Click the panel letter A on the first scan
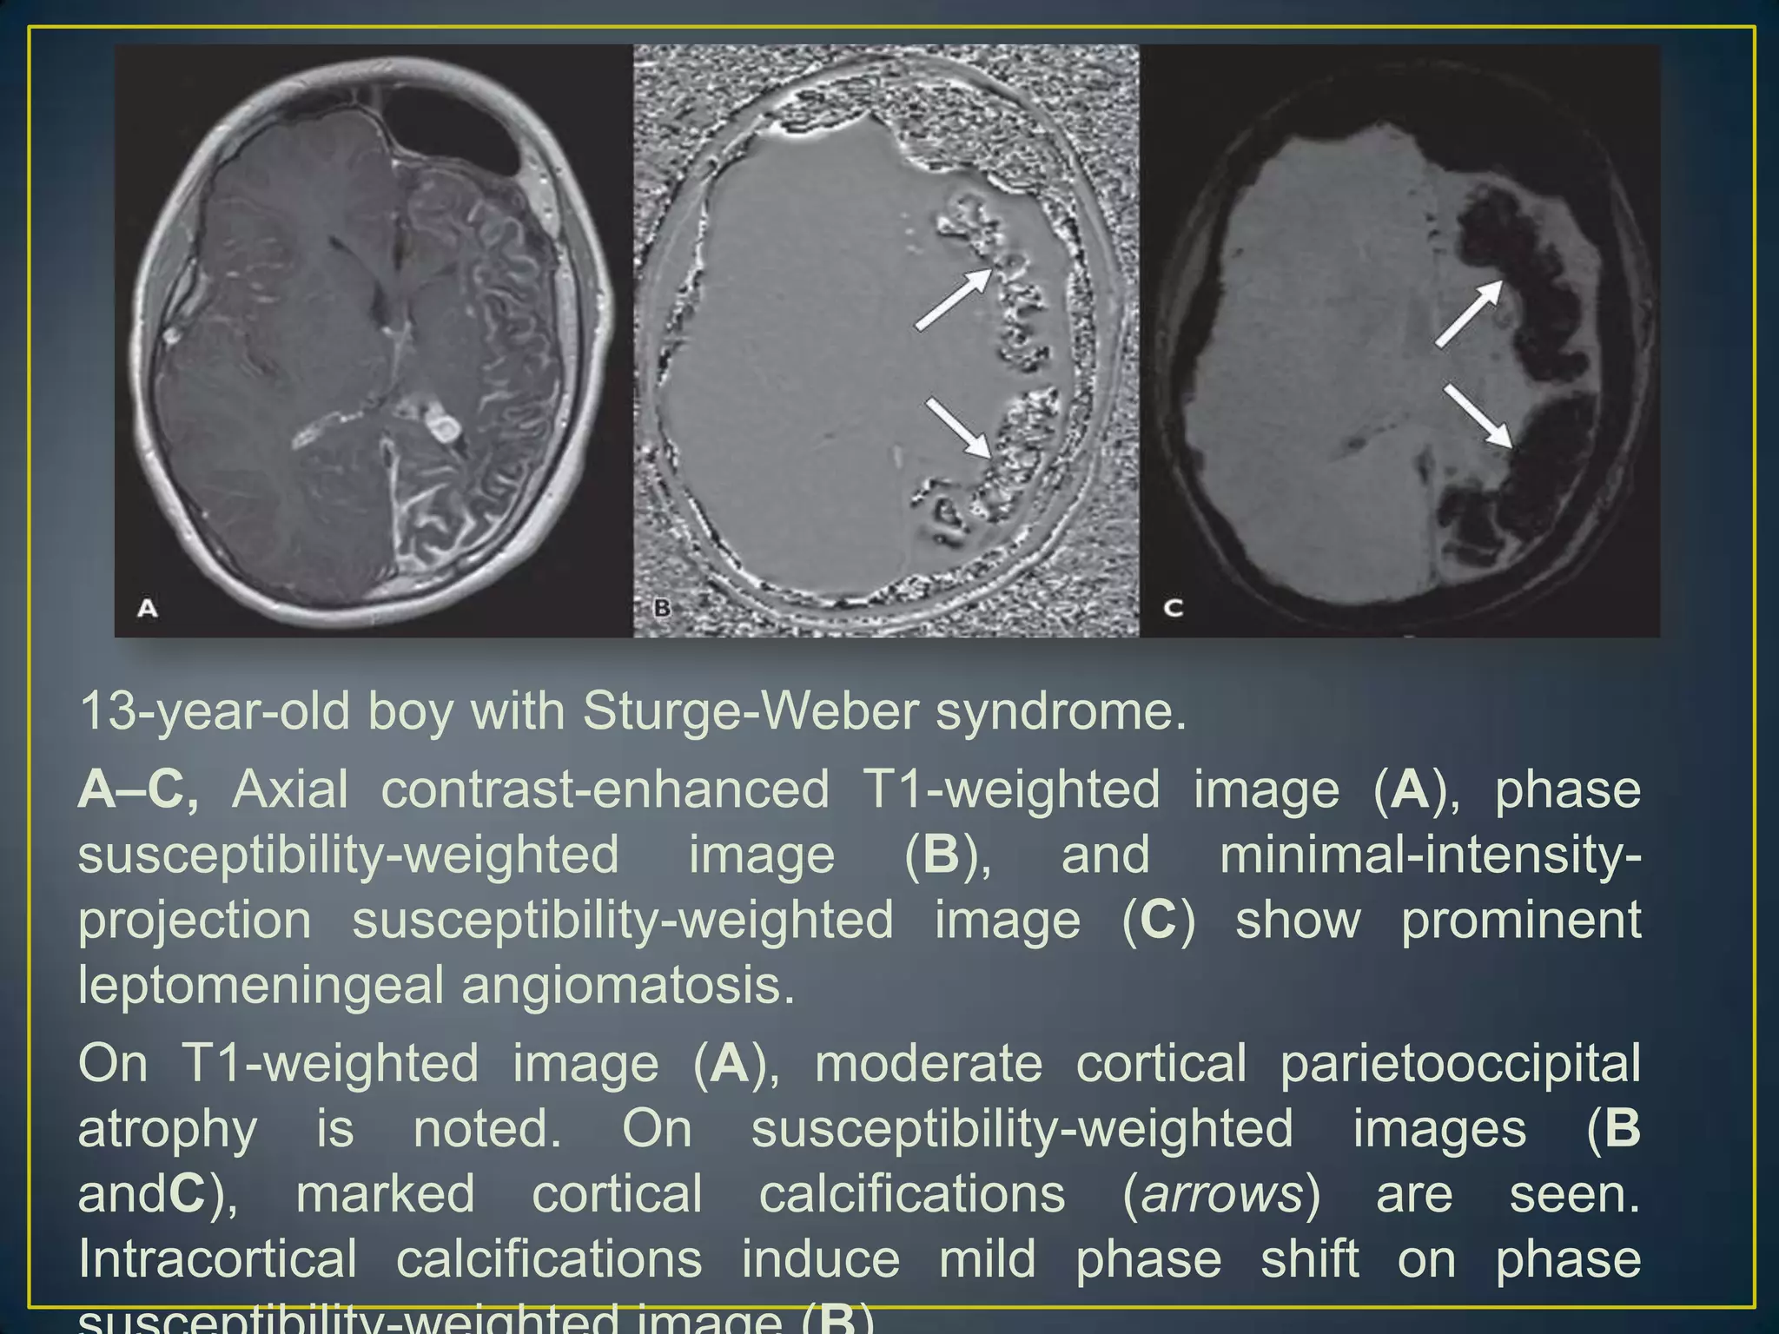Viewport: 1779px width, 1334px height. point(148,607)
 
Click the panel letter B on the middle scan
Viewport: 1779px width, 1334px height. point(662,607)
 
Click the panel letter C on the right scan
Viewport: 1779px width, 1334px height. point(1173,607)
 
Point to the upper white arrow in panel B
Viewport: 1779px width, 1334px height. point(953,300)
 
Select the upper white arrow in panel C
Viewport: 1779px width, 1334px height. point(1468,314)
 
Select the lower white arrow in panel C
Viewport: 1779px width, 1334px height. point(1477,416)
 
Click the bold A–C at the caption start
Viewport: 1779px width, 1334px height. point(139,789)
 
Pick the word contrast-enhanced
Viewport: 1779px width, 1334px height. point(605,789)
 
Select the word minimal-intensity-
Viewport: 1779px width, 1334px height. point(1430,855)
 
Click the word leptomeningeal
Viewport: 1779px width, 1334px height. point(260,985)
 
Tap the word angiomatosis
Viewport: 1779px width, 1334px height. point(628,985)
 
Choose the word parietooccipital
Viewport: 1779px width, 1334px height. point(1460,1063)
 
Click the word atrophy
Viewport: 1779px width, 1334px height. point(168,1128)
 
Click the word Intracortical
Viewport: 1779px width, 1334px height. point(218,1258)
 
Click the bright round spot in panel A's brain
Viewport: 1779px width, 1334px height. point(445,426)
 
